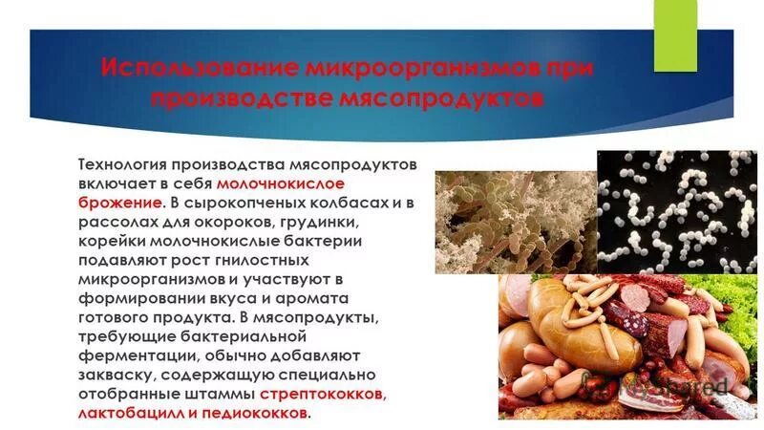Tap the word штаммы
[x=223, y=396]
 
